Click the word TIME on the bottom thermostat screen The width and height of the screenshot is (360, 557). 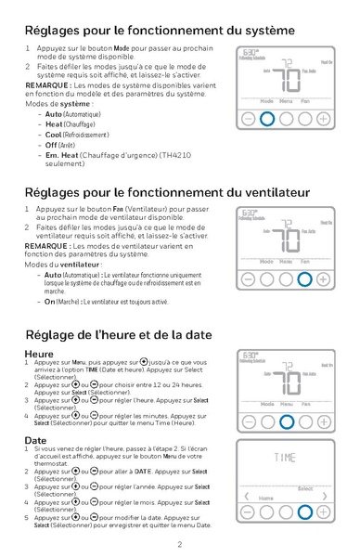(286, 458)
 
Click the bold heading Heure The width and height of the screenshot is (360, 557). (40, 354)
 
